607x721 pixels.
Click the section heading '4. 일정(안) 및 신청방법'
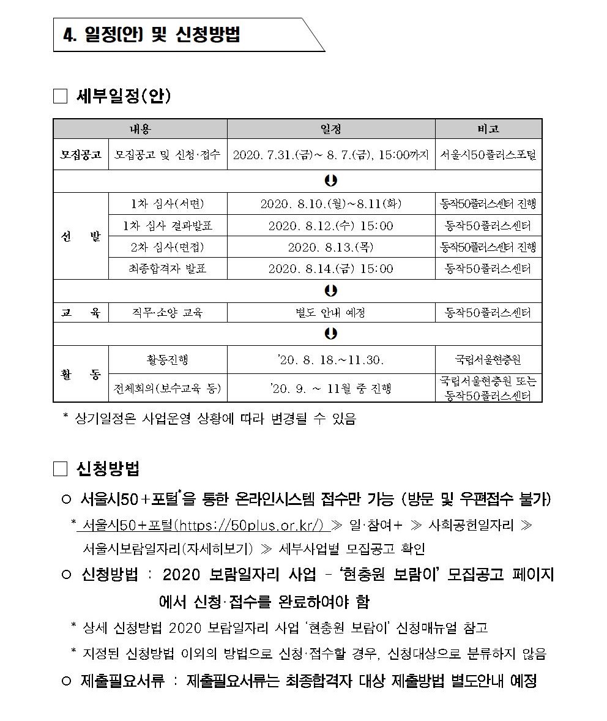coord(152,35)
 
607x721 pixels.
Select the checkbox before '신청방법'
coord(60,469)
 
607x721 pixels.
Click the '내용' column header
coord(140,129)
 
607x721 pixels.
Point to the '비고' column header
coord(488,129)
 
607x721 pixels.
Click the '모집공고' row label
coord(81,155)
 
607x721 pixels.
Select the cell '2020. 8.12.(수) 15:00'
coord(330,226)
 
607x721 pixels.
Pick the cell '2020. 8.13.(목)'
coord(330,247)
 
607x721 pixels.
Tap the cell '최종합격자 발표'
coord(167,269)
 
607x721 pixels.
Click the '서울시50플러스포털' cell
coord(488,155)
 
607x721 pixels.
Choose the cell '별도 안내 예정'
coord(330,313)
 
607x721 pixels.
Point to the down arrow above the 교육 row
coord(331,290)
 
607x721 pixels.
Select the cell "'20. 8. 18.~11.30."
coord(330,360)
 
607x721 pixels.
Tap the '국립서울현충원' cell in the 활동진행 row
coord(488,360)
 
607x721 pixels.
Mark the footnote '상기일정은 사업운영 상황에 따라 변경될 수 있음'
coord(214,419)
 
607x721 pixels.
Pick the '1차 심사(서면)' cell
coord(167,204)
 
